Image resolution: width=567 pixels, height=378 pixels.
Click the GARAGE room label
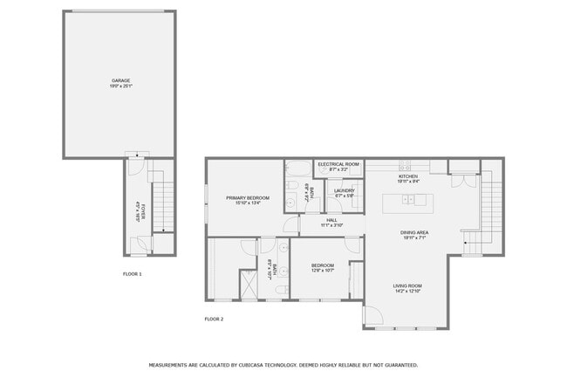click(x=120, y=80)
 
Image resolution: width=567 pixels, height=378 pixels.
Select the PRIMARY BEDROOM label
click(x=248, y=198)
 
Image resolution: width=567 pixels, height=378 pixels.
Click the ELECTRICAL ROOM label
click(x=338, y=164)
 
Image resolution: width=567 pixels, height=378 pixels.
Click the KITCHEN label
click(x=408, y=176)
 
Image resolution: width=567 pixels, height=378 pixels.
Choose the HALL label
click(x=331, y=220)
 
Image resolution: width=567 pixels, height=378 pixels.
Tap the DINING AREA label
click(x=413, y=232)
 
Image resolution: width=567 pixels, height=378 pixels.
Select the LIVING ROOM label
click(x=408, y=286)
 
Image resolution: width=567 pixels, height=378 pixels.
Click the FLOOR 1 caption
click(x=133, y=274)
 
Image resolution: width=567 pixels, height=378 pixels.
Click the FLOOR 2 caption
click(x=214, y=319)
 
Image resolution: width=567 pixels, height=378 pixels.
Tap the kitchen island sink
click(x=407, y=201)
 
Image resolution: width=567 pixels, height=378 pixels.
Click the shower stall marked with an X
click(x=249, y=284)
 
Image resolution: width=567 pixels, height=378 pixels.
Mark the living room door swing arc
click(x=373, y=316)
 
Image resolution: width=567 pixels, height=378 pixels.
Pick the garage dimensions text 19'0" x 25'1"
click(x=120, y=86)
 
